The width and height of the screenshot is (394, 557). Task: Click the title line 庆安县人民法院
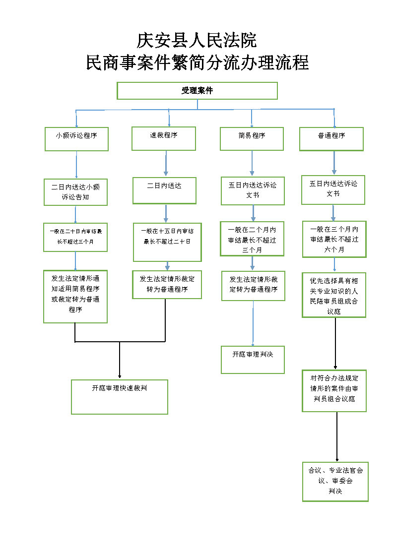point(197,40)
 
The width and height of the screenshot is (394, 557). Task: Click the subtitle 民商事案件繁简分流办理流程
point(197,63)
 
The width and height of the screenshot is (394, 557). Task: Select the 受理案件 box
point(197,91)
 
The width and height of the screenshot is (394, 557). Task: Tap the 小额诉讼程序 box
point(76,139)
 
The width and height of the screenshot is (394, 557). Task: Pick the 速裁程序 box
point(164,138)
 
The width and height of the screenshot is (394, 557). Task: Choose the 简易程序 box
point(252,139)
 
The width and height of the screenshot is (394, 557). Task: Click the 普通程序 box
point(331,139)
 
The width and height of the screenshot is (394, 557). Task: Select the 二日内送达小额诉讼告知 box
point(75,192)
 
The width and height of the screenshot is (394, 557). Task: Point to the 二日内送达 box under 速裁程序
point(164,190)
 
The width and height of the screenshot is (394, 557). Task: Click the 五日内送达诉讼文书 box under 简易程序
point(253,190)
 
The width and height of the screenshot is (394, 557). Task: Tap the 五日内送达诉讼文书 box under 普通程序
point(333,189)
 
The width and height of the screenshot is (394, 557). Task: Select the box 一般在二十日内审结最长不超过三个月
point(75,237)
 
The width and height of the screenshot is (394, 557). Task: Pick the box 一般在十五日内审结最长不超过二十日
point(167,242)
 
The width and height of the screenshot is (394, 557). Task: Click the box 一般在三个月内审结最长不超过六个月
point(334,239)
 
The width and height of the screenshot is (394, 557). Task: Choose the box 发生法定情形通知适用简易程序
point(75,296)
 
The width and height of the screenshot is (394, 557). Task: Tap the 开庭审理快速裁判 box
point(120,396)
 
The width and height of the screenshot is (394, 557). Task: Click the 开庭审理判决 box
point(253,359)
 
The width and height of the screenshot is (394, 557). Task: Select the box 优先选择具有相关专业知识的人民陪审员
point(334,295)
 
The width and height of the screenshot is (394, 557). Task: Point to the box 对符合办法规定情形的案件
point(334,390)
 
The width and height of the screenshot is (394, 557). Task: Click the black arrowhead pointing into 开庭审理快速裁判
point(120,376)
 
